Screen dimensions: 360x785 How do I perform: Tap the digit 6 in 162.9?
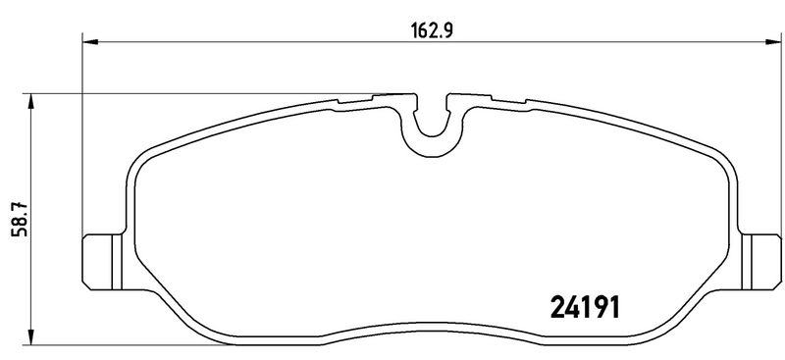[x=418, y=28]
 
